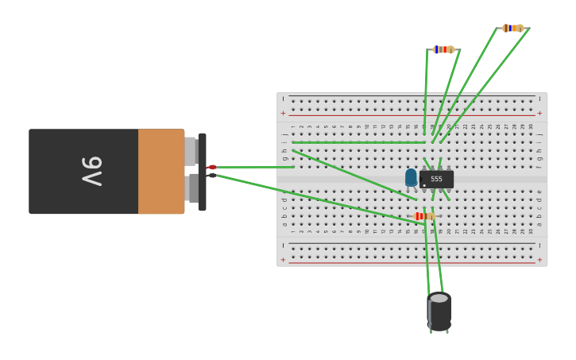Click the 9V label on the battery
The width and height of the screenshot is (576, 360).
93,171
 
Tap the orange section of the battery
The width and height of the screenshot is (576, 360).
161,171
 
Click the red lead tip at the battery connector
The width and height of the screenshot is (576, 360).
212,167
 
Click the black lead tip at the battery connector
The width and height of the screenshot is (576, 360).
212,175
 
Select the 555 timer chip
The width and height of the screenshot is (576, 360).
436,179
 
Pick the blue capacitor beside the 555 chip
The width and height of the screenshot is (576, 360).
411,177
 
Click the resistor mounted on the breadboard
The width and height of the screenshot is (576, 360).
424,216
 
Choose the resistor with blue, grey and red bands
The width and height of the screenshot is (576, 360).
443,49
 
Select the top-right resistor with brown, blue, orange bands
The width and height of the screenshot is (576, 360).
512,28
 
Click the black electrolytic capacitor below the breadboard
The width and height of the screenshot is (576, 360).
439,314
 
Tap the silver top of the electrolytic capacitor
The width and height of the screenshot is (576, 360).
439,298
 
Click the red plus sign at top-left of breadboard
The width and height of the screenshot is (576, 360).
283,113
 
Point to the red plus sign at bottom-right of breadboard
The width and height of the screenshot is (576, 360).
540,260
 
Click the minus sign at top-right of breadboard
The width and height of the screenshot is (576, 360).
540,99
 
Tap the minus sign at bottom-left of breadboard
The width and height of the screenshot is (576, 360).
283,245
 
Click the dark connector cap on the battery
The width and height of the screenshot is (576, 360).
203,171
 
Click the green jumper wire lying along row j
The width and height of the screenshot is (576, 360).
358,142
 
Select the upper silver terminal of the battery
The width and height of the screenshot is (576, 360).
191,151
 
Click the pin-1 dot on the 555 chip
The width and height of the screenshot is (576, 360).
424,185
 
